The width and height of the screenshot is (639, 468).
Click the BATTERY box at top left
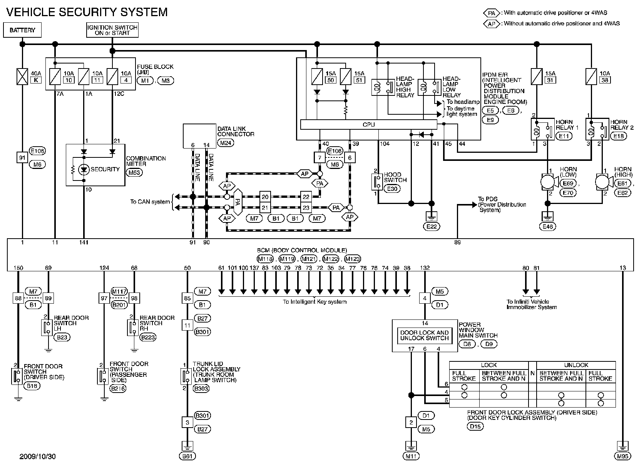pos(22,30)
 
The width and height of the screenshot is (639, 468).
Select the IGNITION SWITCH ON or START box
pos(112,30)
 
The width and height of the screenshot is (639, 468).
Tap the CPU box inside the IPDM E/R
pos(368,125)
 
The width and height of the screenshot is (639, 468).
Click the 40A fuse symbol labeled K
pos(22,76)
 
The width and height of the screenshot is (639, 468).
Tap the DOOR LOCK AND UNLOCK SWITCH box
pos(424,335)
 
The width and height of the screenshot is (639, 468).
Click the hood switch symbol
pos(376,182)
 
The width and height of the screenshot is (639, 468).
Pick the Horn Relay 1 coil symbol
pos(535,130)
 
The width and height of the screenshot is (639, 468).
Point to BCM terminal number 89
pos(457,242)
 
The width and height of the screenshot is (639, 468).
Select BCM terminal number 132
pos(425,268)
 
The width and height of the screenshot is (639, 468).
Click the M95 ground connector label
pos(622,456)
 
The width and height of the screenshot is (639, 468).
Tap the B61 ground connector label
pos(187,456)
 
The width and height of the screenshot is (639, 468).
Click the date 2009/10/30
pos(38,457)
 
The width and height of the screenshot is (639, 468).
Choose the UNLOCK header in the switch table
pos(576,365)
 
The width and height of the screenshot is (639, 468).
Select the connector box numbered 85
pos(187,298)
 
